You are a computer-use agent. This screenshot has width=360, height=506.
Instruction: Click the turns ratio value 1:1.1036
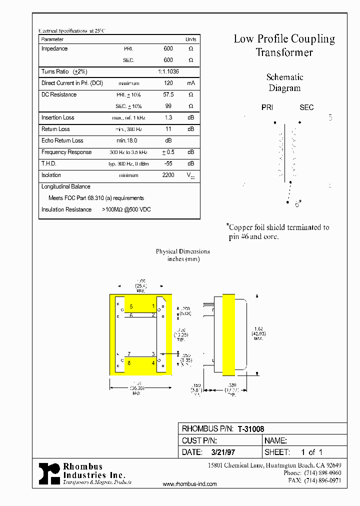click(x=168, y=72)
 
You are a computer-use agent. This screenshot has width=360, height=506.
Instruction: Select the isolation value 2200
click(x=168, y=175)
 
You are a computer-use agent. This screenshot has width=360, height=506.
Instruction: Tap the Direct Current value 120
click(x=168, y=83)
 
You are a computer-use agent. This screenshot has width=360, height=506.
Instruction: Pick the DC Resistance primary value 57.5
click(x=168, y=94)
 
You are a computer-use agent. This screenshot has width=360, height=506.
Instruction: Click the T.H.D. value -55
click(x=168, y=163)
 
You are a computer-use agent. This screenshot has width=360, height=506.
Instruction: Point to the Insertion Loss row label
click(x=58, y=118)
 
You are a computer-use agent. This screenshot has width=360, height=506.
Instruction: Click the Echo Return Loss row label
click(x=62, y=141)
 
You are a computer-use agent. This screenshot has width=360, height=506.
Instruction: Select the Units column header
click(x=190, y=39)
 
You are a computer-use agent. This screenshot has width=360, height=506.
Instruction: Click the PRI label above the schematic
click(x=267, y=107)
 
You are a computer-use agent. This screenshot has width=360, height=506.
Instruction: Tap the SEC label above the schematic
click(x=306, y=107)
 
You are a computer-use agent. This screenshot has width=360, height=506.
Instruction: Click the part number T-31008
click(x=250, y=428)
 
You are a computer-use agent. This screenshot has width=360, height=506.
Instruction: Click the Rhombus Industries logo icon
click(x=49, y=472)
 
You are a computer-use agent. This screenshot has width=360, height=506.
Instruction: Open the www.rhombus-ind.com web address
click(x=190, y=484)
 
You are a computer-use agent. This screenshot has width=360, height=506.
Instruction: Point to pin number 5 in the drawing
click(x=131, y=306)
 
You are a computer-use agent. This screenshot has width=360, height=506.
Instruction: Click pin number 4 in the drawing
click(x=153, y=363)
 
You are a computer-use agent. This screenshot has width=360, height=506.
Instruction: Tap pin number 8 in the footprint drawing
click(x=129, y=363)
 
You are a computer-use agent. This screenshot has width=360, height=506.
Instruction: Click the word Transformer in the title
click(x=284, y=52)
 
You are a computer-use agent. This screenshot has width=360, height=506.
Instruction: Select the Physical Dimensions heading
click(x=182, y=251)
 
